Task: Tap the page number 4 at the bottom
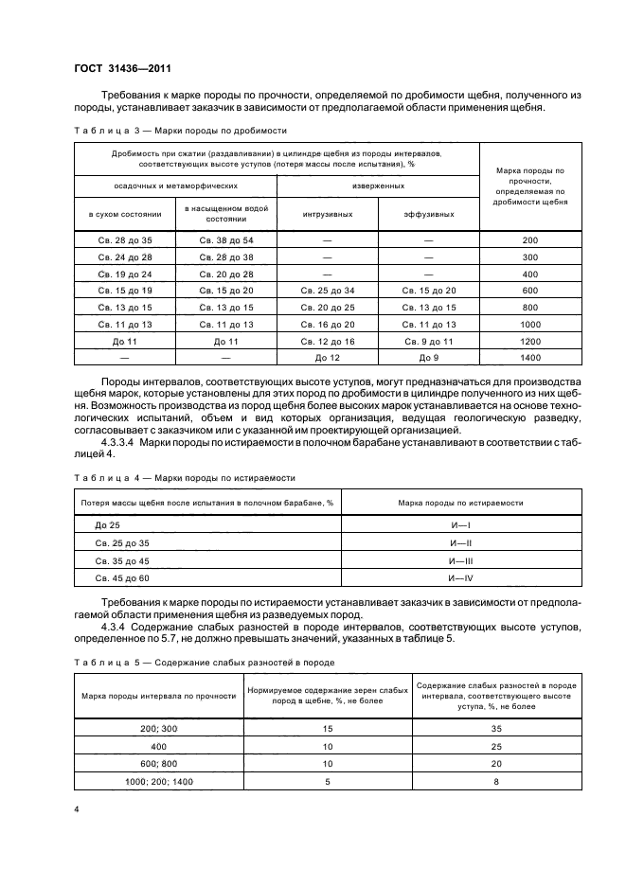point(76,810)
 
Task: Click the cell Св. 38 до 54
point(224,240)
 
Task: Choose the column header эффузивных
point(428,214)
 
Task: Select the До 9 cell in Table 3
point(428,359)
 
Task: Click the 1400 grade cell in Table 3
point(529,359)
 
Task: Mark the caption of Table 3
point(179,132)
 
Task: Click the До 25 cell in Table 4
point(107,524)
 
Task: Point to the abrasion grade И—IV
point(461,576)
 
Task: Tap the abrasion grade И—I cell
point(461,524)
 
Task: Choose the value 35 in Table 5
point(497,729)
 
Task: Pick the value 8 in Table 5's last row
point(497,781)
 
